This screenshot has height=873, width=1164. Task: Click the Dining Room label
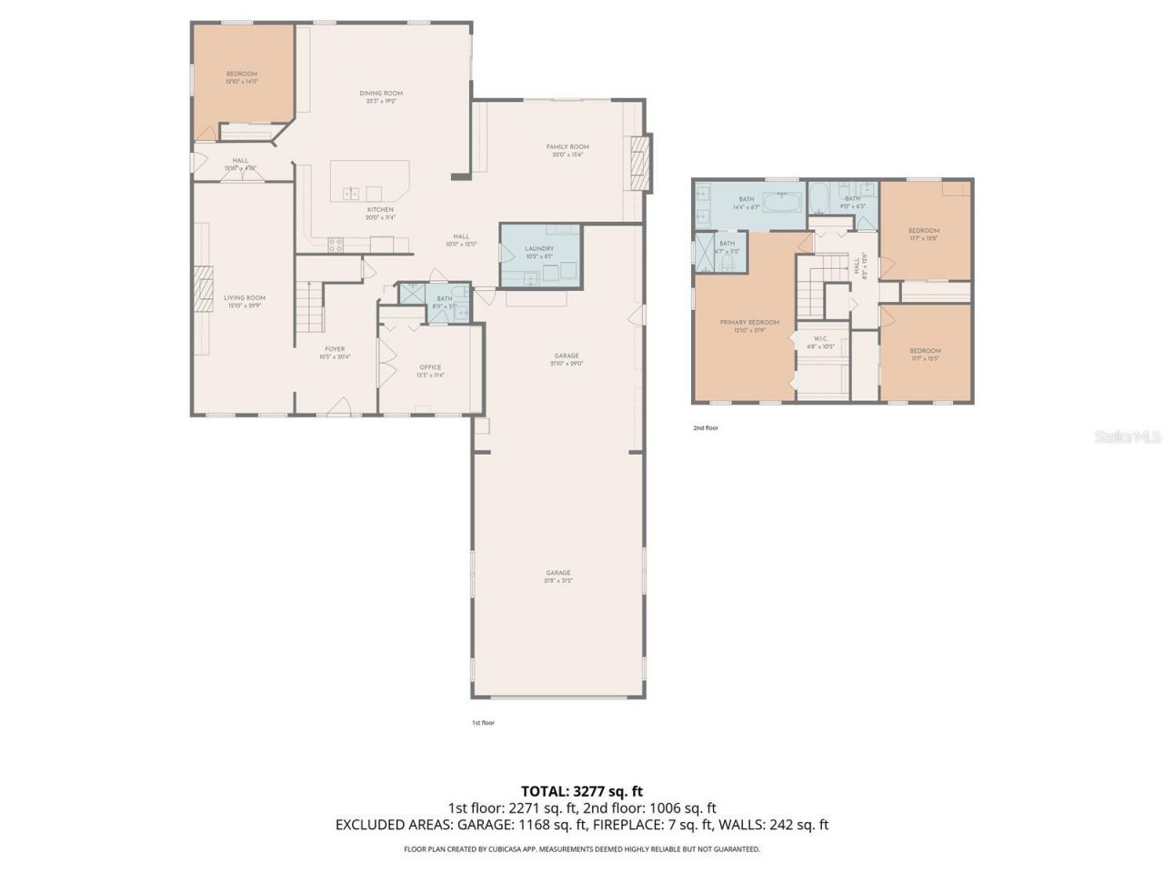tap(381, 94)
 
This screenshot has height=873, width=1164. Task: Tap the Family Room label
tap(567, 147)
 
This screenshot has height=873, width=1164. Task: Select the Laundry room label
tap(539, 248)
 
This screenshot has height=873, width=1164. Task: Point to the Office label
tap(430, 367)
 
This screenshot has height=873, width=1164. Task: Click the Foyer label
tap(335, 349)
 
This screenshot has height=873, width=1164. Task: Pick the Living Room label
tap(246, 298)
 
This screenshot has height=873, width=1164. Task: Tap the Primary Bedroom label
tap(749, 323)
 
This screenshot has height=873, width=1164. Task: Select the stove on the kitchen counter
tap(335, 244)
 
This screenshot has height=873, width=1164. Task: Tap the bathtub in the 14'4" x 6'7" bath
tap(781, 202)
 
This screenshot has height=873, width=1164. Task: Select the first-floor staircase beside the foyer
tap(309, 307)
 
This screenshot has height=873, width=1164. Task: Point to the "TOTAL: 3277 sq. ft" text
tap(582, 791)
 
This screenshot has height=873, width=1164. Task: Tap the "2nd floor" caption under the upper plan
tap(706, 427)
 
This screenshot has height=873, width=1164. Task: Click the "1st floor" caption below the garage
tap(483, 723)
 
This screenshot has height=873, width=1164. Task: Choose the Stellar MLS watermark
tap(1127, 437)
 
